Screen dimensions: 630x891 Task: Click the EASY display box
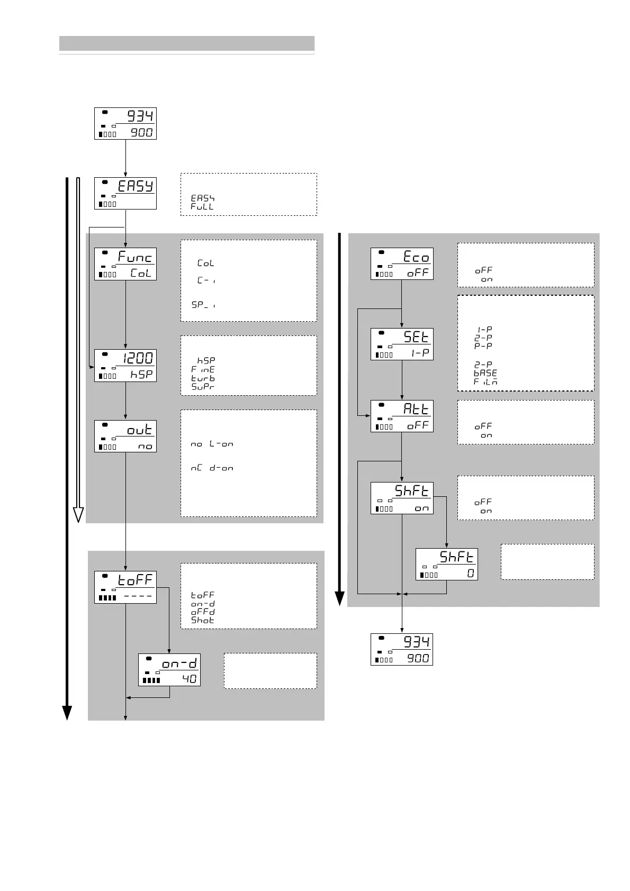coord(125,193)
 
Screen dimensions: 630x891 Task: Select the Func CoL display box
coord(125,264)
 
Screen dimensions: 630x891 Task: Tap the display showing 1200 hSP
coord(125,366)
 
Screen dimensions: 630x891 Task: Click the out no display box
coord(125,436)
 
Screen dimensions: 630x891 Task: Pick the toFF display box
coord(125,587)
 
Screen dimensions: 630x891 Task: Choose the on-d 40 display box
coord(169,670)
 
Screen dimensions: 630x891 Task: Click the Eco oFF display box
coord(402,264)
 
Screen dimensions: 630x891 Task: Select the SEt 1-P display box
coord(402,344)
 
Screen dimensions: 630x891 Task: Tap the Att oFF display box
coord(402,416)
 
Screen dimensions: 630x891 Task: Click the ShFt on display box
coord(402,498)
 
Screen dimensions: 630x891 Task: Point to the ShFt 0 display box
coord(447,564)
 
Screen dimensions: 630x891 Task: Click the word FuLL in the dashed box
coord(202,206)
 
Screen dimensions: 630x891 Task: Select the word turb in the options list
coord(203,378)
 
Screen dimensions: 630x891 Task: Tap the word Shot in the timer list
coord(203,620)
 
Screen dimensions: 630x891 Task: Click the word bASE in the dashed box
coord(485,373)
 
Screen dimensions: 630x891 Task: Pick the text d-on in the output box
coord(221,468)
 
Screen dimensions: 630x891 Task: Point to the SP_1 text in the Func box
coord(203,305)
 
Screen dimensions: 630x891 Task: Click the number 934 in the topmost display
coord(141,116)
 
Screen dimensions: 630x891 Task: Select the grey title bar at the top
coord(187,43)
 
